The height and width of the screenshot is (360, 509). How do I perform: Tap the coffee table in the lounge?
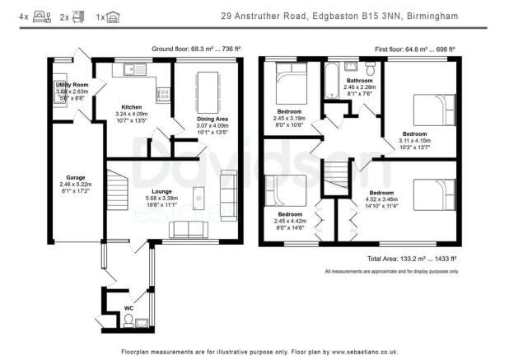pos(198,198)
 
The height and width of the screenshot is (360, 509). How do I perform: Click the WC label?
pos(128,308)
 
